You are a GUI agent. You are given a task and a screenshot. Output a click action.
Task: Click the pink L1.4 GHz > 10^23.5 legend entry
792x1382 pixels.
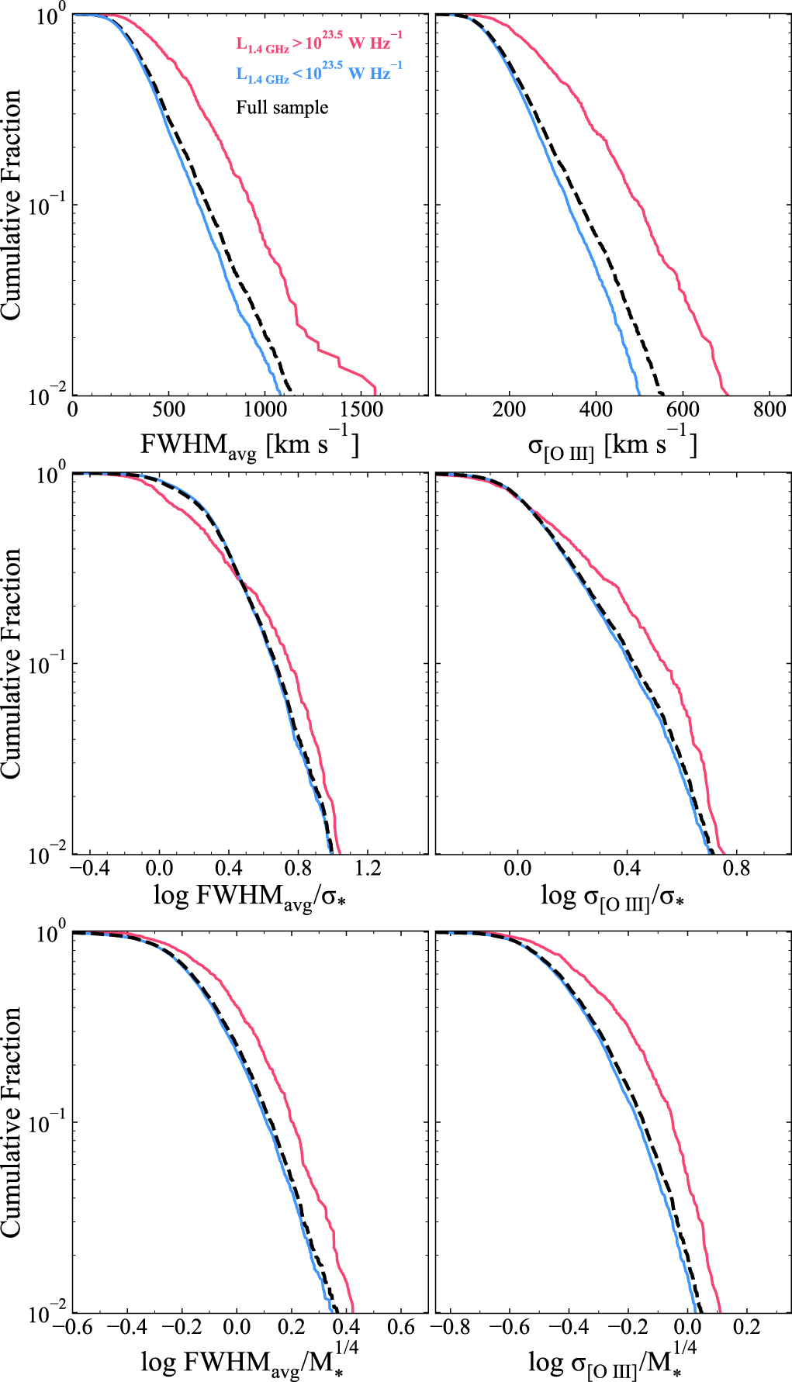coord(319,43)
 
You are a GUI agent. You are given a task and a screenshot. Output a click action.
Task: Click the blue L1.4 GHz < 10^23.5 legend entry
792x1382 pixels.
coord(319,73)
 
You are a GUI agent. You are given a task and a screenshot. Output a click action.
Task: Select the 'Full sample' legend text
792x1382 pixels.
coord(282,107)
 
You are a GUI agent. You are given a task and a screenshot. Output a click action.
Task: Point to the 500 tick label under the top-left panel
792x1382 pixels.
coord(168,409)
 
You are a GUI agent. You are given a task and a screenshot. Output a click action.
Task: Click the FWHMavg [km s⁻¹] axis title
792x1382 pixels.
coord(249,444)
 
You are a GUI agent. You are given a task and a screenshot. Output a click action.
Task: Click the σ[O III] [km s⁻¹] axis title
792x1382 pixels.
coord(612,444)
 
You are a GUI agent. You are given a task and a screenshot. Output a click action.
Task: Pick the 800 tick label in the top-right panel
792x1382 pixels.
coord(769,409)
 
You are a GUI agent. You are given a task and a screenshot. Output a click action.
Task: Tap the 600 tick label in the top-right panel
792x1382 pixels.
coord(683,409)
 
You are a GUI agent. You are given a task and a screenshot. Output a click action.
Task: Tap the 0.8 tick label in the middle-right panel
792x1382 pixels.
coord(736,867)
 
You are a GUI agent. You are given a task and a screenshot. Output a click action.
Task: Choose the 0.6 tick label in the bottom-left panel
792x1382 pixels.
coord(401,1326)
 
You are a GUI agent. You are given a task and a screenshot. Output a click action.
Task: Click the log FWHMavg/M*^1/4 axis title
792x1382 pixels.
coord(249,1359)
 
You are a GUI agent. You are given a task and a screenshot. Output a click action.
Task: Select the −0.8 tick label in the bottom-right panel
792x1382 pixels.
coord(451,1326)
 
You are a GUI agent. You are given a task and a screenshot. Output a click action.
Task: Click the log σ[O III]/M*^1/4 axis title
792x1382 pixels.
coord(612,1359)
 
